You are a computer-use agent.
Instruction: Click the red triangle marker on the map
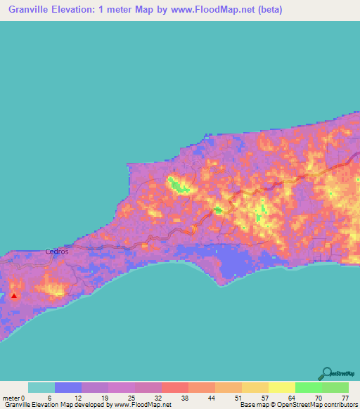click(13, 296)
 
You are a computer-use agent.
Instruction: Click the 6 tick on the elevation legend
click(49, 397)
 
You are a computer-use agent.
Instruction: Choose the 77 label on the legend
click(344, 397)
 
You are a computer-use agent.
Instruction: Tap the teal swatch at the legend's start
click(41, 387)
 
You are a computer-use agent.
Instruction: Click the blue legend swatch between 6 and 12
click(68, 387)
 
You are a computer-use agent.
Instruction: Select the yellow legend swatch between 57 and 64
click(281, 387)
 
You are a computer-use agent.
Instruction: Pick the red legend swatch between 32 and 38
click(174, 387)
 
